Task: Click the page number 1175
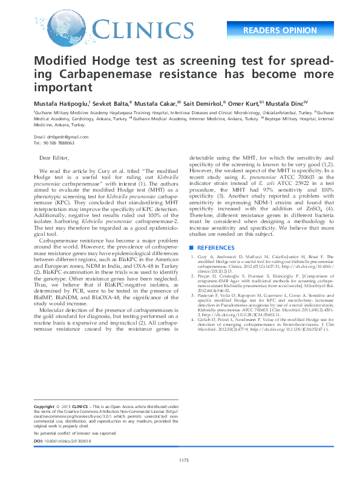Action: pyautogui.click(x=184, y=461)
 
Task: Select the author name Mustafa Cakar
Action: pyautogui.click(x=160, y=103)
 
